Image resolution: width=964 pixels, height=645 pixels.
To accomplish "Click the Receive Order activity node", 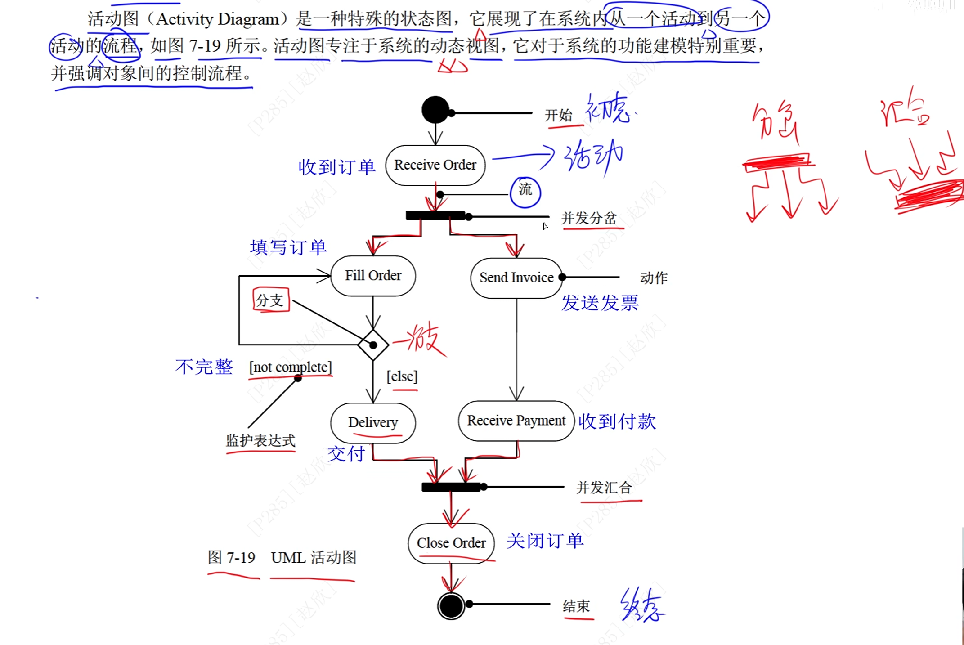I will (435, 165).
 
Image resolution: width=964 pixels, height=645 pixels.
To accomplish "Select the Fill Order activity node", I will (373, 275).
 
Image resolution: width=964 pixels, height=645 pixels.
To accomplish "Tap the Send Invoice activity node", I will (516, 278).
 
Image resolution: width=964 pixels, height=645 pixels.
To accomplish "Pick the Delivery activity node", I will (373, 422).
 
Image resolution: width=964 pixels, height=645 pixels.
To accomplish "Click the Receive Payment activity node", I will (516, 421).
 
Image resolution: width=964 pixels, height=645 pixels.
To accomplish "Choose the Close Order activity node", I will (451, 543).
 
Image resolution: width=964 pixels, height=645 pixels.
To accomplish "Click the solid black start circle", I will (435, 110).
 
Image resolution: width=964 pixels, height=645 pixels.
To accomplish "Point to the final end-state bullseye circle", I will (451, 606).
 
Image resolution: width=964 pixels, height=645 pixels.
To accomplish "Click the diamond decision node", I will (373, 345).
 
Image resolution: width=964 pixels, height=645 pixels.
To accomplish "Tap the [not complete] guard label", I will (291, 367).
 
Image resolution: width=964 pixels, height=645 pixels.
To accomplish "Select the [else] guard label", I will (402, 376).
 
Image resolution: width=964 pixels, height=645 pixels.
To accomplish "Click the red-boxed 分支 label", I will (270, 300).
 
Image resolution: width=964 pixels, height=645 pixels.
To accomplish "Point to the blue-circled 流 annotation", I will (525, 191).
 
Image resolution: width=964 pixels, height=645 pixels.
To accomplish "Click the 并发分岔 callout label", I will (589, 218).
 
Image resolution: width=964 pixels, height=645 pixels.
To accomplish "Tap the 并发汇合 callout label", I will (604, 487).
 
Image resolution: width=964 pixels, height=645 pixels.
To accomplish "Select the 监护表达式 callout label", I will (260, 440).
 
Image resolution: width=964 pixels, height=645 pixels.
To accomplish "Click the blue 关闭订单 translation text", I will (545, 541).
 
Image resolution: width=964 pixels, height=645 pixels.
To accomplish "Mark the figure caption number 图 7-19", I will (231, 558).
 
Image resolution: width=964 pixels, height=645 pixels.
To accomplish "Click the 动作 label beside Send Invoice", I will (654, 278).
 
